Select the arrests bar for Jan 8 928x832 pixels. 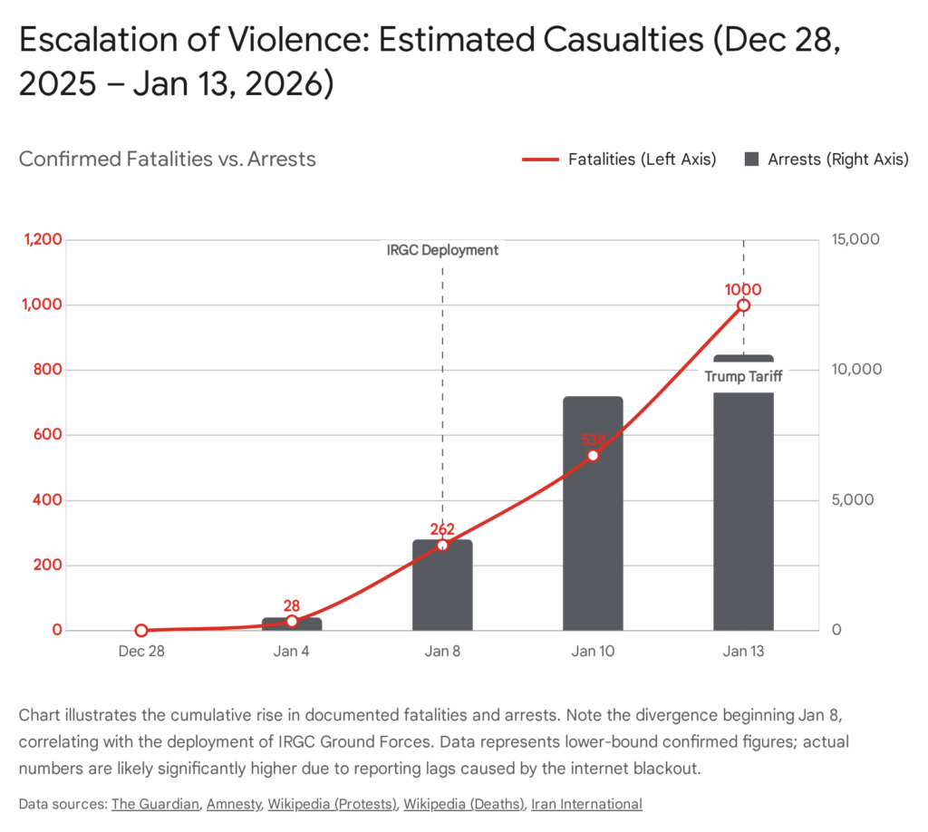click(442, 589)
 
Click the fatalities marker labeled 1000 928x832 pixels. click(743, 305)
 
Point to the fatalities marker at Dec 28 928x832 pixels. click(141, 631)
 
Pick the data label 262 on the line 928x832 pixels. click(442, 530)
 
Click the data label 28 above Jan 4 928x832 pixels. click(292, 606)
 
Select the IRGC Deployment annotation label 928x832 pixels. click(442, 250)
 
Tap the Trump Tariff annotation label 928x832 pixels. click(743, 377)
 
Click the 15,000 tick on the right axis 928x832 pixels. click(855, 239)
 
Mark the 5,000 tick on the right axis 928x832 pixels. click(852, 500)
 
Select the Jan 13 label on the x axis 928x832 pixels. click(743, 653)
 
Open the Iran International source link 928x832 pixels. click(586, 804)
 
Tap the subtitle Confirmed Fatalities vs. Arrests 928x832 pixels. click(168, 160)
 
